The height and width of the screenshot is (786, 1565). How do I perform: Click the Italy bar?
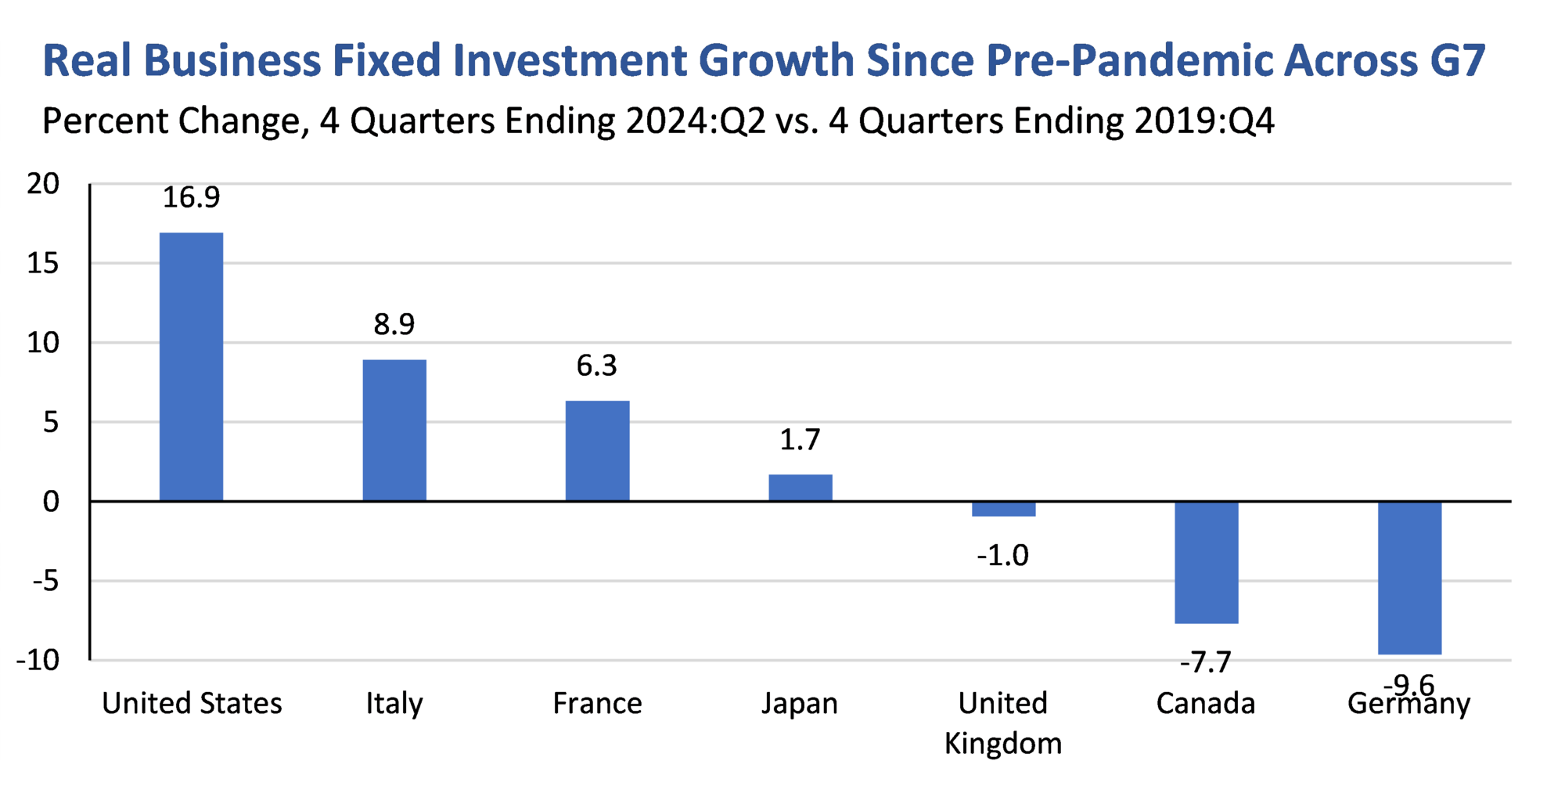394,430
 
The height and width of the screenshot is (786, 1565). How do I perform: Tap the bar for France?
597,451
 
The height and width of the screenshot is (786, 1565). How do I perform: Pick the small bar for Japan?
800,488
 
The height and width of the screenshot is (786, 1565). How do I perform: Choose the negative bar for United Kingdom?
1003,509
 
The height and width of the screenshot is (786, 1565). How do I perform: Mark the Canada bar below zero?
1206,562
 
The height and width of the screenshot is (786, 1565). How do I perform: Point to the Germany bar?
1408,577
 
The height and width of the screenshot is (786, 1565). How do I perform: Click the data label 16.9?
191,197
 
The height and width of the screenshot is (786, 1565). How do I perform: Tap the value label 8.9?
394,324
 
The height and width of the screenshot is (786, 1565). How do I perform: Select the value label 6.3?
597,366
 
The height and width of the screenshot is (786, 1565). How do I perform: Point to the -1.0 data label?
1002,556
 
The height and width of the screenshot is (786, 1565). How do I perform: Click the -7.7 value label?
1205,663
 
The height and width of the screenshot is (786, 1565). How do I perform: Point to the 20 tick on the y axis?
43,185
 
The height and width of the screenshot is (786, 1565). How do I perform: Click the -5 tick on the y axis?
45,582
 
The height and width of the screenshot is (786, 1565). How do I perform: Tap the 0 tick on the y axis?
51,502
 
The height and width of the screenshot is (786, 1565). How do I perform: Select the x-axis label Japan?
800,703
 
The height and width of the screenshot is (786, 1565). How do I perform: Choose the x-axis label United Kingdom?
1003,723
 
